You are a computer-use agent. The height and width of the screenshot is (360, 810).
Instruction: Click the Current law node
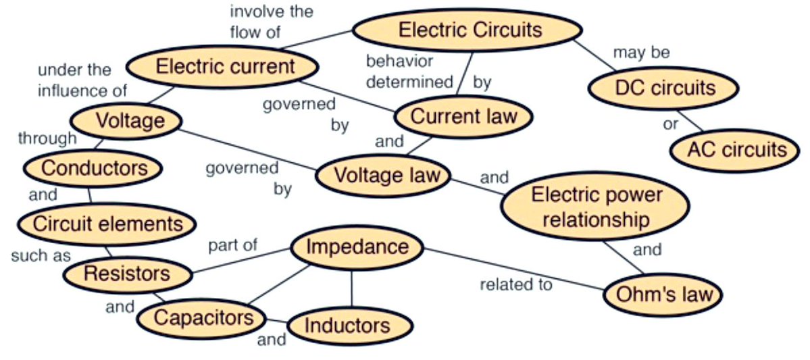[463, 116]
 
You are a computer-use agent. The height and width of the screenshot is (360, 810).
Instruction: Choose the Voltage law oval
[383, 176]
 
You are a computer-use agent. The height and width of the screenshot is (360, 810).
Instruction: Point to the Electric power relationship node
[595, 207]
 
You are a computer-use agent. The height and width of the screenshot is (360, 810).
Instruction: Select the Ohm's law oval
[661, 295]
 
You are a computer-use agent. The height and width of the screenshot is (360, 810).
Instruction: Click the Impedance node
[357, 247]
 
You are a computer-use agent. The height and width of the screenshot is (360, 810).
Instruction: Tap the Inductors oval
[349, 326]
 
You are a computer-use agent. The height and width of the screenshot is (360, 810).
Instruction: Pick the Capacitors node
[203, 317]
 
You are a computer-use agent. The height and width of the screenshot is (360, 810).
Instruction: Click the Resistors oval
[126, 274]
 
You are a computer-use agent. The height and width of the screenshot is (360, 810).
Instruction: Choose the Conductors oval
[92, 168]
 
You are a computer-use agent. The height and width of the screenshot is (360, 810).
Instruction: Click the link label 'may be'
[640, 53]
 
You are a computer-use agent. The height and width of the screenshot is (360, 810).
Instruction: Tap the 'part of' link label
[232, 245]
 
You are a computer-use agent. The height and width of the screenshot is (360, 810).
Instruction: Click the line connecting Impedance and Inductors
[351, 286]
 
